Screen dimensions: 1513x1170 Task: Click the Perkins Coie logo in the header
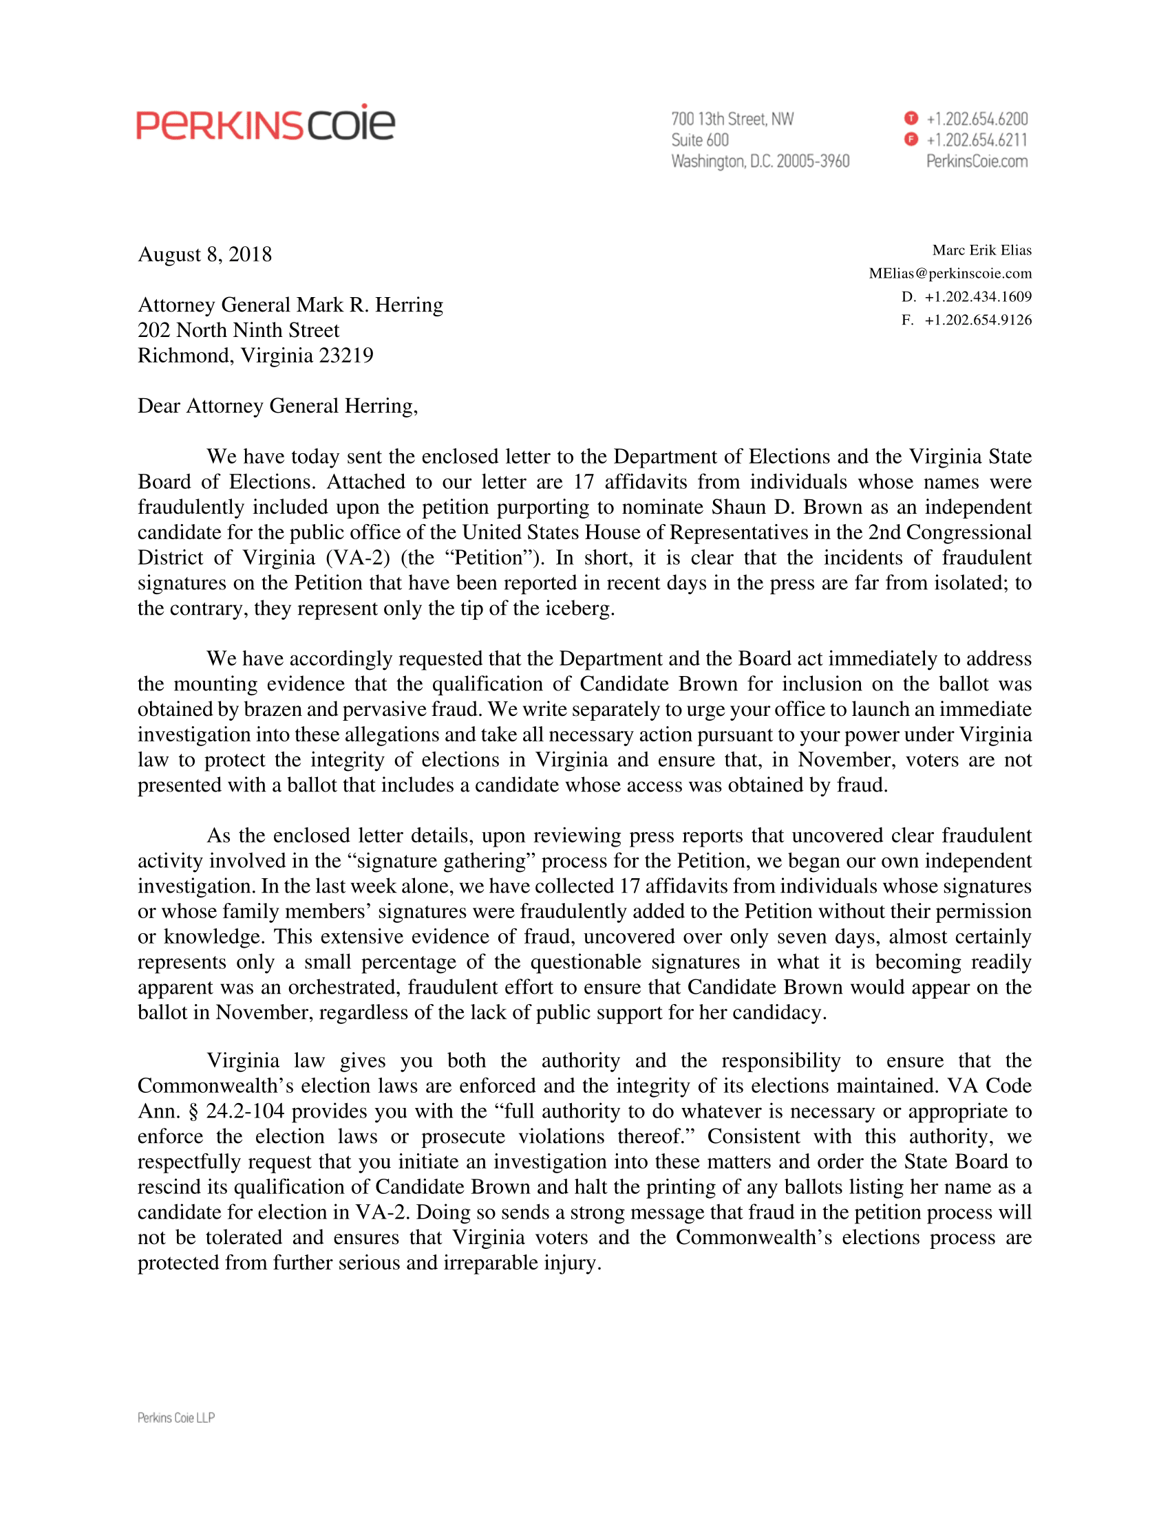tap(266, 124)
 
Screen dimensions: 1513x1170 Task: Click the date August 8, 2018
tap(204, 254)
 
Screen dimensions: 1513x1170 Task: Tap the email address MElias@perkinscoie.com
tap(950, 273)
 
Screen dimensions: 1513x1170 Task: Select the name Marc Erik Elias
tap(981, 250)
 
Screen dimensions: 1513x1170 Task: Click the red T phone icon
tap(911, 118)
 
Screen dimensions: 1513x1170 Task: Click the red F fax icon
tap(911, 140)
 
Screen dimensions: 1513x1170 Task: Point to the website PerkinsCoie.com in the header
tap(977, 162)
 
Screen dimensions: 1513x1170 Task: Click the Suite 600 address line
tap(699, 140)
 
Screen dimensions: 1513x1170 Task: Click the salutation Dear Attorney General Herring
tap(277, 406)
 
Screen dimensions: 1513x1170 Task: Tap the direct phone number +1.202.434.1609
tap(978, 296)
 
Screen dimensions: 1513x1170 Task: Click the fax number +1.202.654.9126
tap(978, 320)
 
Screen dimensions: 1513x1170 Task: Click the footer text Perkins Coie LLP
tap(176, 1417)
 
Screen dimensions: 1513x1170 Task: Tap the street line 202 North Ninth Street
tap(238, 330)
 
